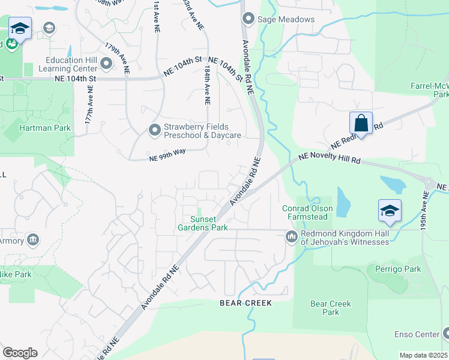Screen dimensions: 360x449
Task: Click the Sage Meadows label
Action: point(286,19)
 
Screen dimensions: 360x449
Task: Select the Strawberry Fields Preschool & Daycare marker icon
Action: point(155,129)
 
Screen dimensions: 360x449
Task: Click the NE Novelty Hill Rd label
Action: point(330,160)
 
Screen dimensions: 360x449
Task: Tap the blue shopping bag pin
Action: point(361,123)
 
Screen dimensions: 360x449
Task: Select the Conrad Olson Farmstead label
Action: point(307,212)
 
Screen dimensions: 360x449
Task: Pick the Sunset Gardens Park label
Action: point(203,223)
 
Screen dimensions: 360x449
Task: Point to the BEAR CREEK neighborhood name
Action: point(246,303)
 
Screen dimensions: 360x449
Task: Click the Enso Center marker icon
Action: point(446,334)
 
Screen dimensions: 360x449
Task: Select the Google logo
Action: point(20,353)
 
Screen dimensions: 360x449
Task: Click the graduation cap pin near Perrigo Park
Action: point(390,211)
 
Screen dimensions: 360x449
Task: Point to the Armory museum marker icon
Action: point(34,241)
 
